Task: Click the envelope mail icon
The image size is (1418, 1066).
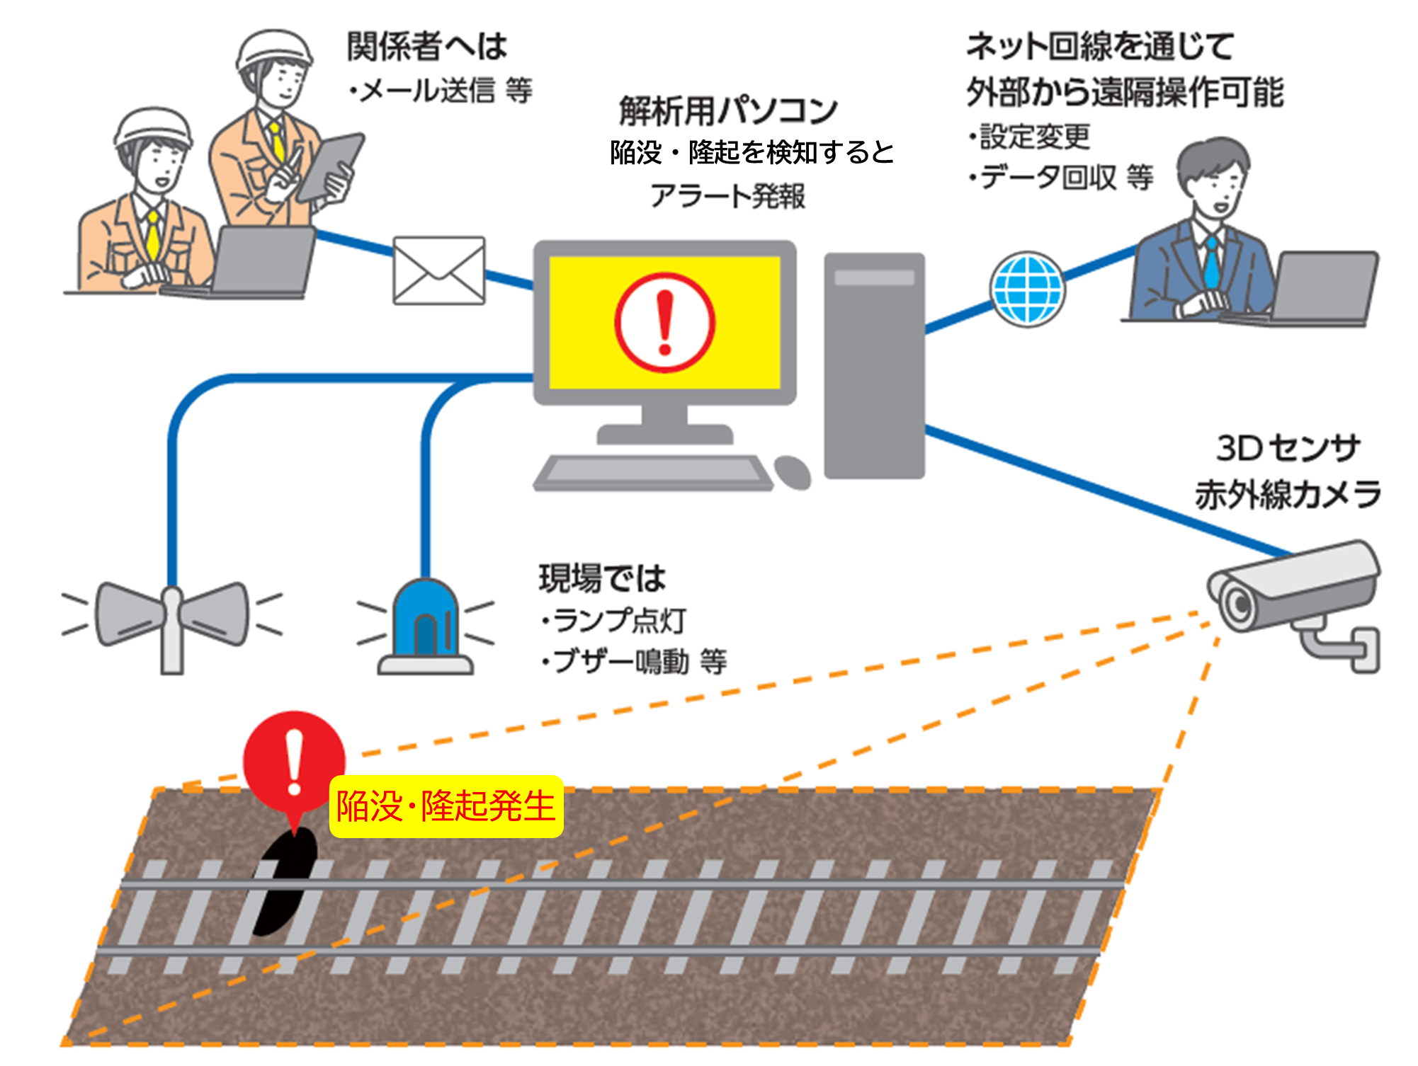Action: (439, 270)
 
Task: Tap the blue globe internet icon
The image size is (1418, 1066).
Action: (1027, 290)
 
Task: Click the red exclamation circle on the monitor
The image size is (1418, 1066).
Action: (664, 322)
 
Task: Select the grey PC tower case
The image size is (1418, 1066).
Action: (874, 365)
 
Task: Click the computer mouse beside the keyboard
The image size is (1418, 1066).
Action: (793, 472)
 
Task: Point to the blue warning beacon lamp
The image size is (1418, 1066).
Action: (425, 623)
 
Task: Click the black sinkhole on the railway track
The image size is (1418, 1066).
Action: (283, 885)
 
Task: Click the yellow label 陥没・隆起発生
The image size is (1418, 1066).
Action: (446, 806)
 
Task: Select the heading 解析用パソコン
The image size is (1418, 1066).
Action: (728, 110)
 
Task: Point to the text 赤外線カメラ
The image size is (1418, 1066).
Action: (1288, 494)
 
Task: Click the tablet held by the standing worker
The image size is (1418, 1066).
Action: (329, 167)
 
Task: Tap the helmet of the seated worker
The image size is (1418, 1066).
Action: (152, 127)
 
